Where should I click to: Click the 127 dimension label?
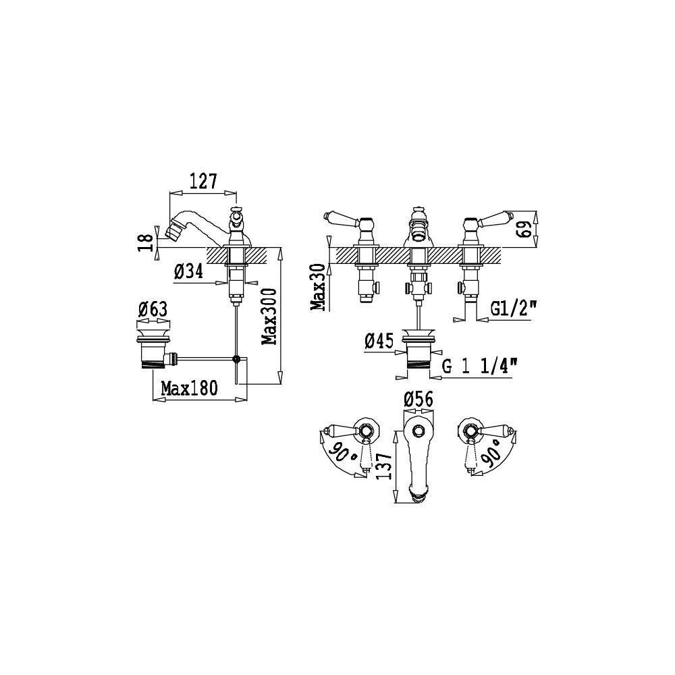click(203, 182)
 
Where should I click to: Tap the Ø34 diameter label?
click(188, 271)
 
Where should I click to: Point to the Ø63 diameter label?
click(153, 310)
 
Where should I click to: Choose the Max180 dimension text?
click(190, 388)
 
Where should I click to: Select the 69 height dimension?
click(524, 229)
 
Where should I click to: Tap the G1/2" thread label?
click(514, 308)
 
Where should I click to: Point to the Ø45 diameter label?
click(379, 341)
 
